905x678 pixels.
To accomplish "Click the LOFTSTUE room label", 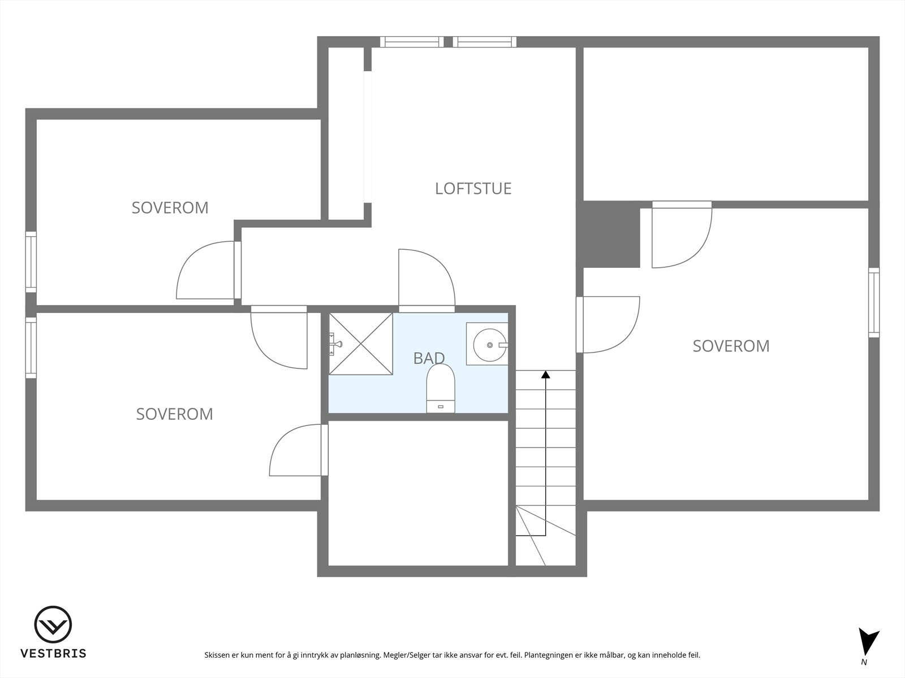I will point(473,188).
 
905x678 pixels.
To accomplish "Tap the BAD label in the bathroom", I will point(429,358).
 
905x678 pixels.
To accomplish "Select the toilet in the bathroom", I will point(441,388).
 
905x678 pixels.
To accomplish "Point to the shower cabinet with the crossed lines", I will point(361,344).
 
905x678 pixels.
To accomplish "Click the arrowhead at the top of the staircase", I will point(545,374).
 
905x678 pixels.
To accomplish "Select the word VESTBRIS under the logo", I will point(53,654).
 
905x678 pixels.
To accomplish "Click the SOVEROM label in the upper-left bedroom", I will point(170,208).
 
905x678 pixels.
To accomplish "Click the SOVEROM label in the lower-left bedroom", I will point(174,414).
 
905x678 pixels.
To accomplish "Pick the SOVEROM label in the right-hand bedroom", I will point(731,346).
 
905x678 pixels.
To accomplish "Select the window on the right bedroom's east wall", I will point(874,303).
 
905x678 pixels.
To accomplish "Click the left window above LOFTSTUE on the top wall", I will point(411,42).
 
